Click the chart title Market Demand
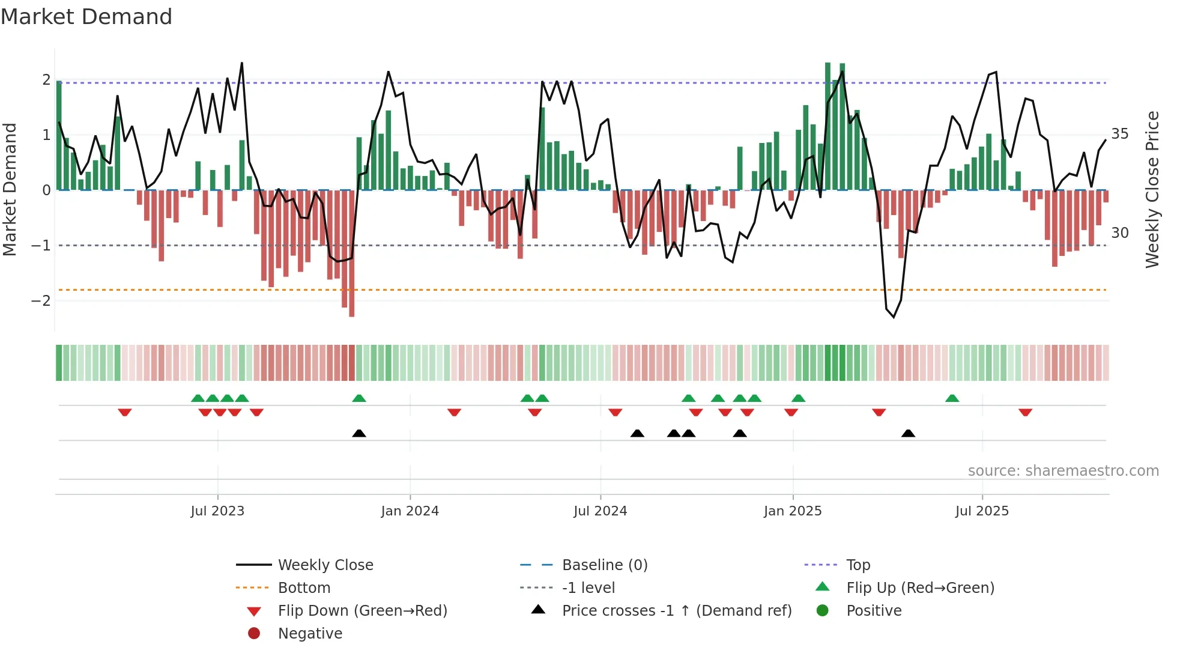[86, 17]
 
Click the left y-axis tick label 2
[46, 80]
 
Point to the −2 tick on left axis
[41, 301]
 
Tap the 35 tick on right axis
[1119, 134]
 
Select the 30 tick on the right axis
[1119, 233]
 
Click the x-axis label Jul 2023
[217, 511]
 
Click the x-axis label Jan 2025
[793, 511]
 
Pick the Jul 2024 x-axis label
[600, 511]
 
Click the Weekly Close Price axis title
[1152, 189]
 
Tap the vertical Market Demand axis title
[10, 189]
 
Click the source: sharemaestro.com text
[1063, 471]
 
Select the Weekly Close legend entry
[325, 565]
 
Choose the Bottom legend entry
[304, 588]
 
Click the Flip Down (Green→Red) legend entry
[362, 611]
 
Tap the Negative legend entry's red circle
[254, 634]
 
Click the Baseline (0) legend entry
[604, 565]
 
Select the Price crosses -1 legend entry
[676, 611]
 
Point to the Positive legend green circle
[823, 611]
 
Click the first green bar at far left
[59, 135]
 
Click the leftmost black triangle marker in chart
[359, 434]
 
